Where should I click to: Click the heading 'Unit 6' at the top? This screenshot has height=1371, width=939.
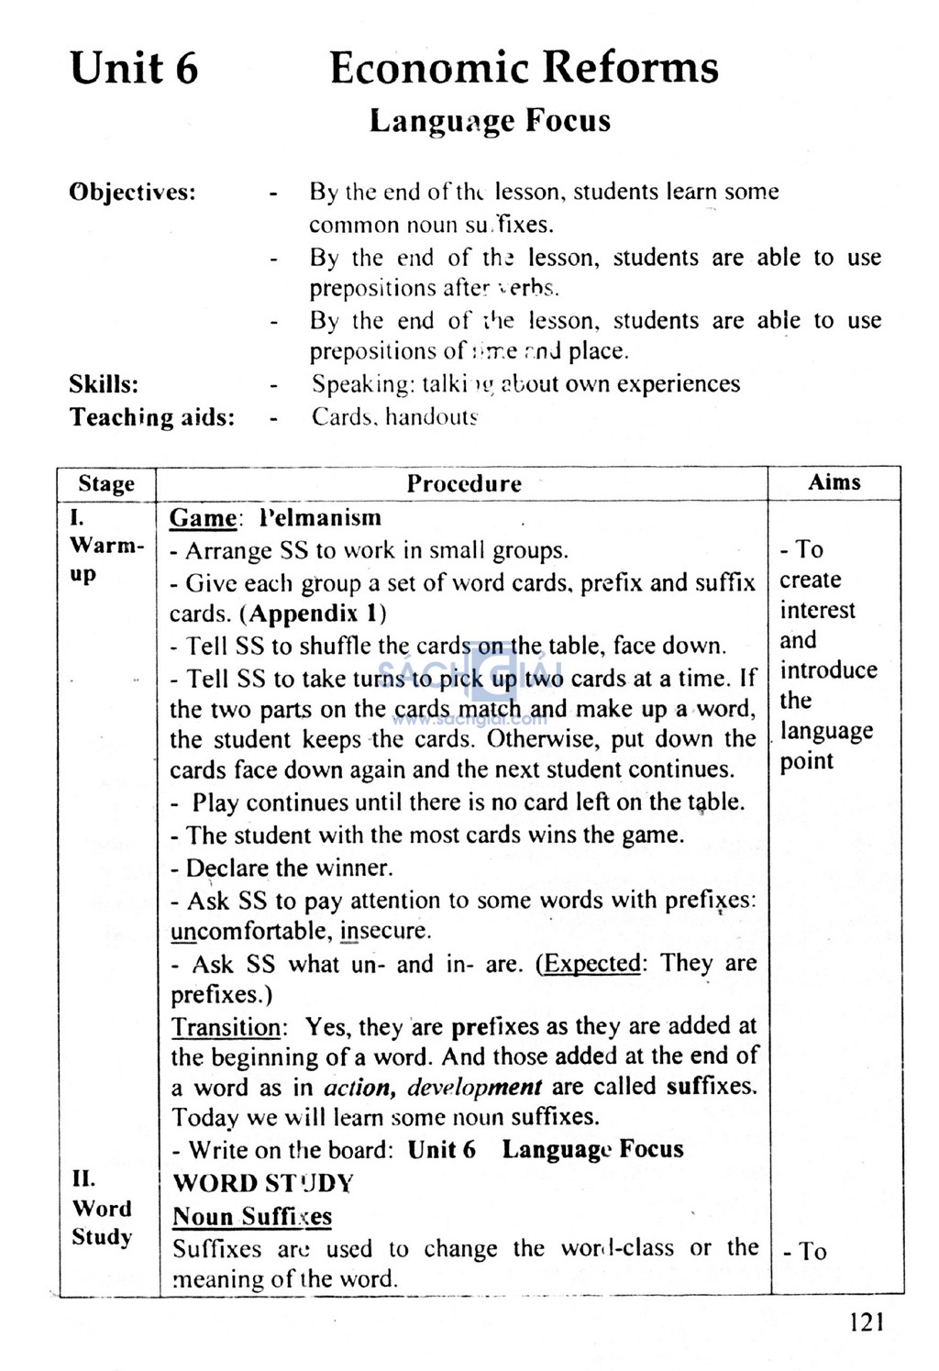pos(134,69)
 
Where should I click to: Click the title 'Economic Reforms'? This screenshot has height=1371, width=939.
pos(524,69)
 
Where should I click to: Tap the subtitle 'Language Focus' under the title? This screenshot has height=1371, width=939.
pos(490,121)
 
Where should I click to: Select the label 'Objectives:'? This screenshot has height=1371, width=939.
pos(133,193)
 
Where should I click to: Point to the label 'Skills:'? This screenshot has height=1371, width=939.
pos(104,383)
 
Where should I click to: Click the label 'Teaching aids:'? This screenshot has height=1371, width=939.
pos(152,417)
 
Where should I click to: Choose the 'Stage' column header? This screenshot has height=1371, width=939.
pos(106,483)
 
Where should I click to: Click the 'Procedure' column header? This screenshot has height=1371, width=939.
pos(464,483)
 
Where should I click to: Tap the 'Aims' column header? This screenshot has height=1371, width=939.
pos(834,482)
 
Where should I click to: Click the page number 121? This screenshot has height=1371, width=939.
pos(867,1321)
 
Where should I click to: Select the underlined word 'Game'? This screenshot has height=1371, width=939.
pos(203,518)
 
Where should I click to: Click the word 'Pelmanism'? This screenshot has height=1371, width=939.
pos(320,518)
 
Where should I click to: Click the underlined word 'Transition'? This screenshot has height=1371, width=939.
pos(226,1026)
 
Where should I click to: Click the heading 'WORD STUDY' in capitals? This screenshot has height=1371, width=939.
pos(263,1183)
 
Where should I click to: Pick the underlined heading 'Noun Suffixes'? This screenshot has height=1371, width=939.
pos(252,1216)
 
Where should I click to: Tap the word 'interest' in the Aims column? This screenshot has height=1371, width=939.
pos(817,610)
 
